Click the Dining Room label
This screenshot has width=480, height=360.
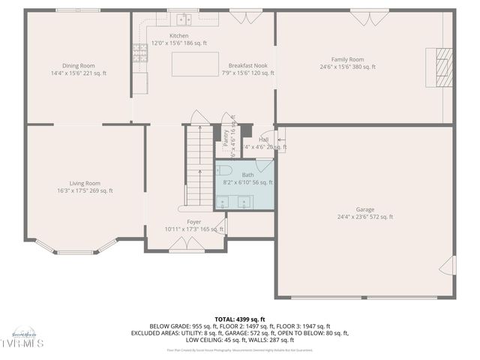(x=78, y=65)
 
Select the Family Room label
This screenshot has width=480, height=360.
(x=347, y=59)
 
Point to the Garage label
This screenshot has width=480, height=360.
(x=365, y=209)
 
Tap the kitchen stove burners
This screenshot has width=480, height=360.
(x=139, y=51)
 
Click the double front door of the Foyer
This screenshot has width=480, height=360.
(x=186, y=244)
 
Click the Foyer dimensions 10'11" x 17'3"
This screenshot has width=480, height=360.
(x=194, y=229)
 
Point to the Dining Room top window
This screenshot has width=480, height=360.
(x=78, y=10)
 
